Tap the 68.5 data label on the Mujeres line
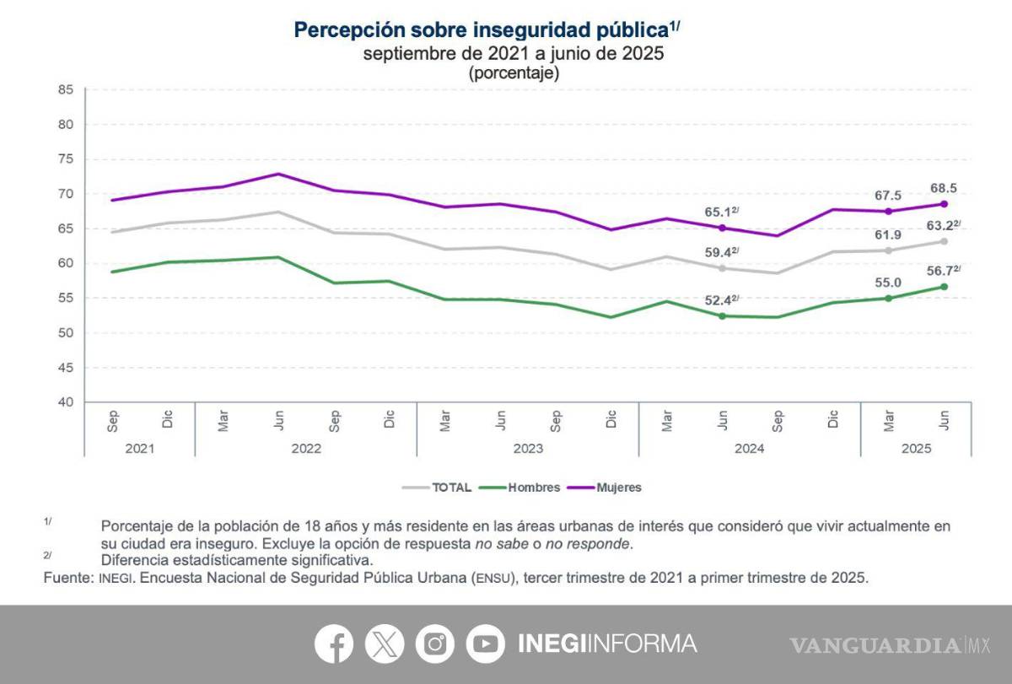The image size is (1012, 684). coord(943,188)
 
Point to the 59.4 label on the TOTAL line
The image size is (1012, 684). coord(721,251)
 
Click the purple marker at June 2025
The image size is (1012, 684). coord(944,204)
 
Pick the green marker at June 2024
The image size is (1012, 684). coord(722,315)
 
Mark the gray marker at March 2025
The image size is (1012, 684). coord(888,250)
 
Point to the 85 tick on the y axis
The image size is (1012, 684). coord(67,89)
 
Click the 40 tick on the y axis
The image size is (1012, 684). coord(67,402)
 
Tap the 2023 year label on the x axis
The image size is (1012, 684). coord(527,449)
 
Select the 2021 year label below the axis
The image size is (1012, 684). coord(139,449)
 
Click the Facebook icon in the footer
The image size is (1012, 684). coord(335,644)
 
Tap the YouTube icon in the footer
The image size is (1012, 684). coord(485,644)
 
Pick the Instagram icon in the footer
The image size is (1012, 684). coord(435,644)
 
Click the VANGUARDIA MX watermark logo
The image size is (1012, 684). coord(890,645)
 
